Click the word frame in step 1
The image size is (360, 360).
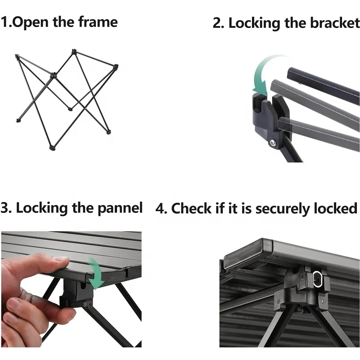(x=98, y=22)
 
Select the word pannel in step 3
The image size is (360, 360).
(x=120, y=208)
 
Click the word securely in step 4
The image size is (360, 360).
(x=283, y=209)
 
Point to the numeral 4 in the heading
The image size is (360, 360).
(x=160, y=208)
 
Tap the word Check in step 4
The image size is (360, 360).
(x=191, y=208)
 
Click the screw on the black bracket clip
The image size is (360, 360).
(x=273, y=144)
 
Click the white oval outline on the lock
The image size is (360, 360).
(x=317, y=279)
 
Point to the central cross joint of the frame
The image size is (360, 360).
(x=54, y=75)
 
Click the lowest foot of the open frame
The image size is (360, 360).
(x=52, y=148)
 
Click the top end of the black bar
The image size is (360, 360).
(x=290, y=72)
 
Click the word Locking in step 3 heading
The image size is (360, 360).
(x=42, y=208)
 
